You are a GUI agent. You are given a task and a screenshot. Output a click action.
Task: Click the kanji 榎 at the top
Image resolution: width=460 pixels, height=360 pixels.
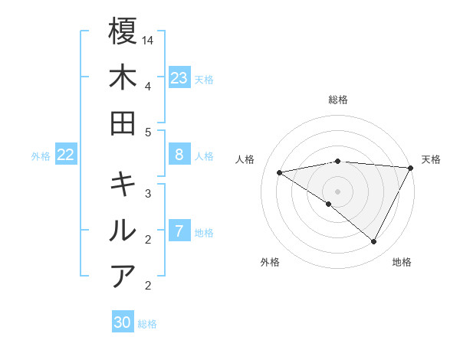[x=123, y=32]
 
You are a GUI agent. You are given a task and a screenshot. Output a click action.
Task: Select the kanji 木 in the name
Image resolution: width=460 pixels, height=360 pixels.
[x=123, y=77]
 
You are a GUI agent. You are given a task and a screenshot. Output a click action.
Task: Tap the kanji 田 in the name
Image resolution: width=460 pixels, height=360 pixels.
[x=123, y=123]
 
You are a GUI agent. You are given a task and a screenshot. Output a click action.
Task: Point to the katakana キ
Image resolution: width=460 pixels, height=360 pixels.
[x=123, y=185]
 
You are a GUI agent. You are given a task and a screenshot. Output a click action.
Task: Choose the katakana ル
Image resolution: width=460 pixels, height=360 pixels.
[x=123, y=231]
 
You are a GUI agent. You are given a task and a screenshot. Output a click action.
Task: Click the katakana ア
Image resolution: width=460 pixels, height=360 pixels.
[x=123, y=277]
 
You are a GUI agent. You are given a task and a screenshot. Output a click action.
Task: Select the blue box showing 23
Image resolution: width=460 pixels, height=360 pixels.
[x=179, y=78]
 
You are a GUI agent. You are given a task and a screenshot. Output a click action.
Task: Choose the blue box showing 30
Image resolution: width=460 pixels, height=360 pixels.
[x=123, y=322]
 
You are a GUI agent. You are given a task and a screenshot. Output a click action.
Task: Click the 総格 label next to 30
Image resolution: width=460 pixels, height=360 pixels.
[x=148, y=324]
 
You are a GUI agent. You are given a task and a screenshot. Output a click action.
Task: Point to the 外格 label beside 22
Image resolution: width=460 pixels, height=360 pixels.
[x=41, y=156]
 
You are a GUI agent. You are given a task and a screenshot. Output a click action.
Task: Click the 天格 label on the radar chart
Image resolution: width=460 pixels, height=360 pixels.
[x=432, y=159]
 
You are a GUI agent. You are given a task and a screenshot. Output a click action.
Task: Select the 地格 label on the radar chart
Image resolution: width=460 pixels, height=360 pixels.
[x=402, y=262]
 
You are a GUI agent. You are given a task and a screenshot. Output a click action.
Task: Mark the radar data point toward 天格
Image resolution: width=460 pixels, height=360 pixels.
[x=411, y=168]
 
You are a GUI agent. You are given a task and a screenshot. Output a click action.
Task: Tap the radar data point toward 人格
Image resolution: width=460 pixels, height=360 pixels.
[x=280, y=172]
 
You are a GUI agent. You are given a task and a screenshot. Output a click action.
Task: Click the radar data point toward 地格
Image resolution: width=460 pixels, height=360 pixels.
[x=374, y=242]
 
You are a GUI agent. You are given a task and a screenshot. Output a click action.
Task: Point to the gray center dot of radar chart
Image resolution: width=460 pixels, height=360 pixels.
[x=337, y=191]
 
